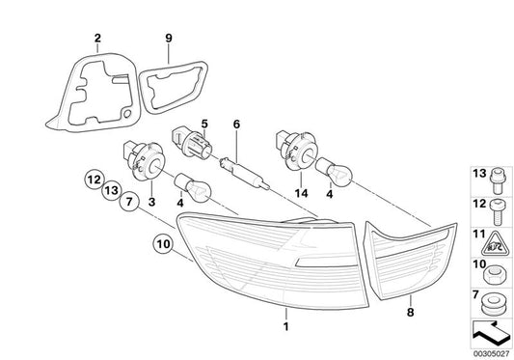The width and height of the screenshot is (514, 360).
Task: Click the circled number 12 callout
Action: [94, 180]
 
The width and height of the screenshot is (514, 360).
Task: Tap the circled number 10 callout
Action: [163, 244]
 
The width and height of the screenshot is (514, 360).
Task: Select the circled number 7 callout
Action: [129, 201]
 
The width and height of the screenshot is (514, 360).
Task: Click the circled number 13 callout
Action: [112, 190]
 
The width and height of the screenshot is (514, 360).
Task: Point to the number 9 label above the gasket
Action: [169, 38]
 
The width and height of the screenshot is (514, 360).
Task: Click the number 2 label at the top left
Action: [97, 38]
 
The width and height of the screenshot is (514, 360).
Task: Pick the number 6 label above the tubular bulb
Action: [236, 125]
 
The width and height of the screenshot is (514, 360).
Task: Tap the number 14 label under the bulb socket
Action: [301, 193]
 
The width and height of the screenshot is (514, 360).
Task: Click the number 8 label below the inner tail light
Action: [411, 312]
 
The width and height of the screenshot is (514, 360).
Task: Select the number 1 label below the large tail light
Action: [286, 326]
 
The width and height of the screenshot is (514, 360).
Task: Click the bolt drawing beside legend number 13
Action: [498, 180]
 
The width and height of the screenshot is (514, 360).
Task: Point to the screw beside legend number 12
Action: [498, 212]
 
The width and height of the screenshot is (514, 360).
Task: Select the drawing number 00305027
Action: [492, 354]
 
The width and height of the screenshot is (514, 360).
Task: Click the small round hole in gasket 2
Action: [127, 114]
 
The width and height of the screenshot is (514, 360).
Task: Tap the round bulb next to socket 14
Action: [334, 170]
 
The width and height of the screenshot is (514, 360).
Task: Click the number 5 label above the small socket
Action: [204, 125]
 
